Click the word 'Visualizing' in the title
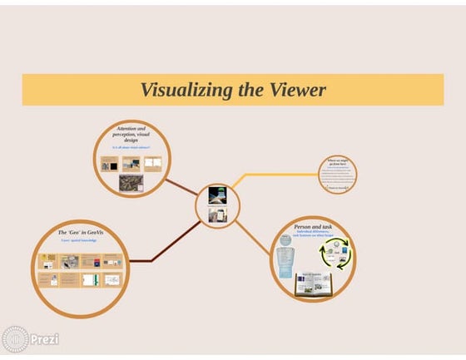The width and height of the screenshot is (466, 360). tap(179, 90)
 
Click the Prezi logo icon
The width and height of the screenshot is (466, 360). tap(15, 339)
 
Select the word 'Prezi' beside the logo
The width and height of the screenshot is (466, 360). tap(44, 340)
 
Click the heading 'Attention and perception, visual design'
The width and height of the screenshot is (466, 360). tap(133, 136)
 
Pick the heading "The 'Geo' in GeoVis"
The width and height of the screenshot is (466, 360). tap(80, 232)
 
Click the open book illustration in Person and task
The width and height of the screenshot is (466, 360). tap(314, 285)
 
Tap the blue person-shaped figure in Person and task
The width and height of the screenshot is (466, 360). tap(286, 258)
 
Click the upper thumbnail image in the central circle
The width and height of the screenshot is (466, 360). tap(216, 195)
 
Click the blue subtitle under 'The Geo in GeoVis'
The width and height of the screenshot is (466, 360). tap(80, 240)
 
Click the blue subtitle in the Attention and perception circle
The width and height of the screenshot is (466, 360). tap(133, 147)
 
